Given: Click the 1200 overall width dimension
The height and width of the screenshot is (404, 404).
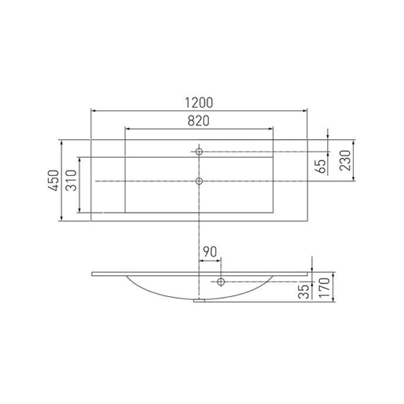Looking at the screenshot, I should pyautogui.click(x=198, y=102).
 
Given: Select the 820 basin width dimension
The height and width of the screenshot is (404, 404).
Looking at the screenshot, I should pyautogui.click(x=199, y=121).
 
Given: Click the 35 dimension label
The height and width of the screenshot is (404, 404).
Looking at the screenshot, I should pyautogui.click(x=304, y=292).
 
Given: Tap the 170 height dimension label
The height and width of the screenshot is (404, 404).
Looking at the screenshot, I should pyautogui.click(x=324, y=288).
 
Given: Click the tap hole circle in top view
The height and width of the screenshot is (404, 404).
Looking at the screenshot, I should pyautogui.click(x=199, y=152).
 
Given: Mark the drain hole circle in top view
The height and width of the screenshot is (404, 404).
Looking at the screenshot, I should pyautogui.click(x=199, y=181).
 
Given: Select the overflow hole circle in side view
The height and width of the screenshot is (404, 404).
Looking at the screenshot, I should pyautogui.click(x=221, y=282).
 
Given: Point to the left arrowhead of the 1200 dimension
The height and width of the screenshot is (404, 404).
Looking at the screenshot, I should pyautogui.click(x=93, y=110).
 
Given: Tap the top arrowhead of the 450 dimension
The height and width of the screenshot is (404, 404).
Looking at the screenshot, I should pyautogui.click(x=61, y=142).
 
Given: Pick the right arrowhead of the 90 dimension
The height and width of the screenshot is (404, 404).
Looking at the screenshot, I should pyautogui.click(x=219, y=260).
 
